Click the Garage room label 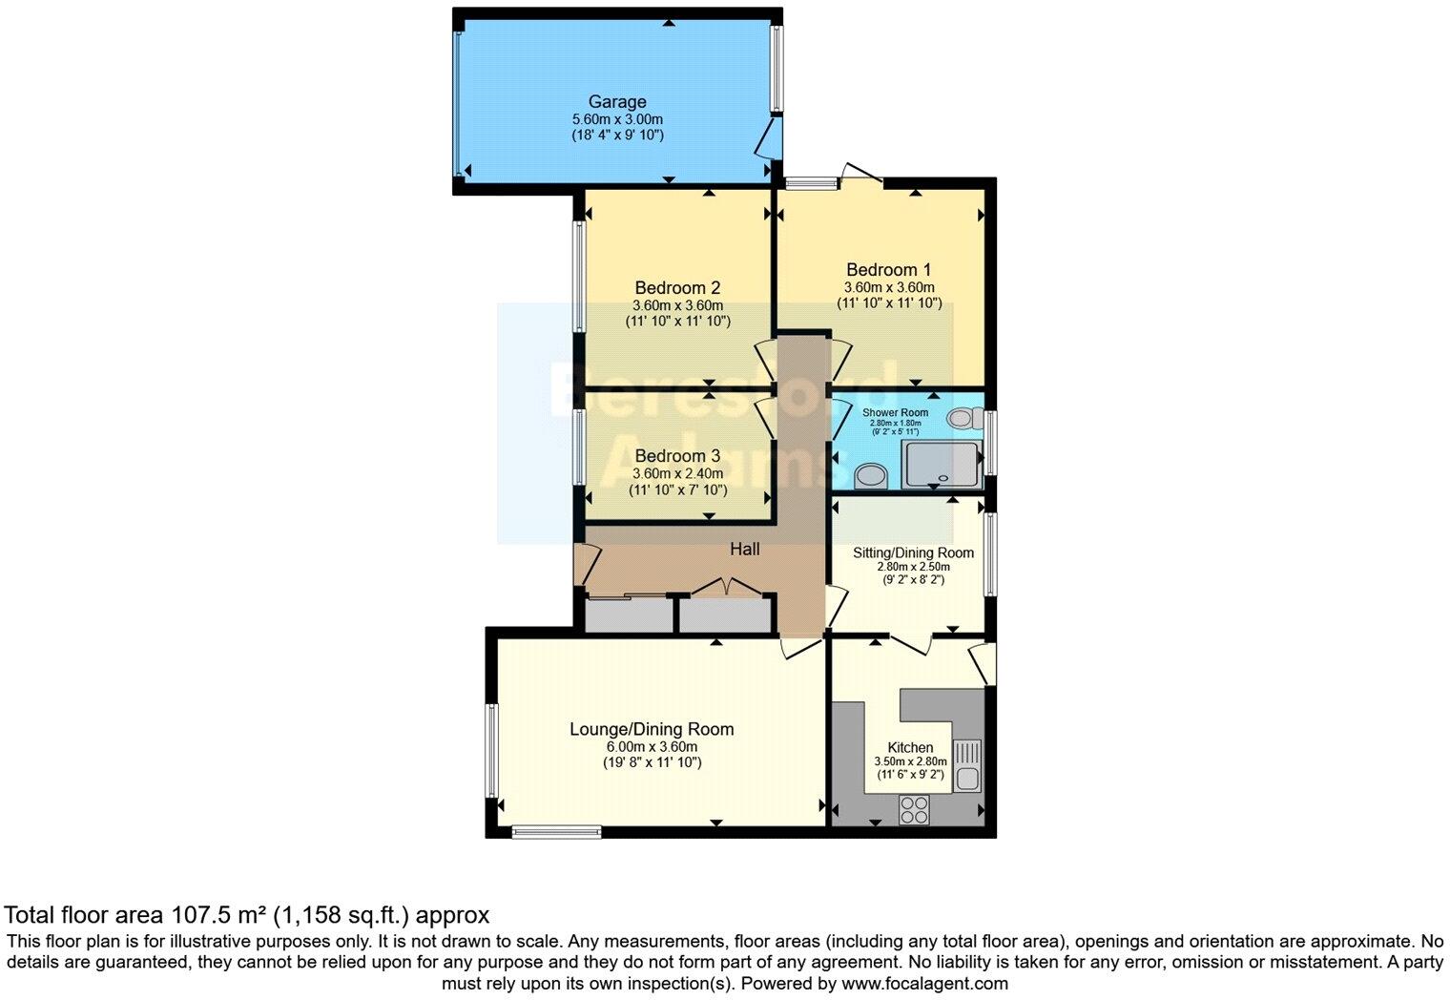pos(616,102)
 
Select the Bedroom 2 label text pos(677,288)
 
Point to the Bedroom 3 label pos(677,456)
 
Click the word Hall pos(745,549)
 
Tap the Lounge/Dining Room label pos(652,729)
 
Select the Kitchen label pos(910,747)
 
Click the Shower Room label pos(895,413)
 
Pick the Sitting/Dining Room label pos(913,553)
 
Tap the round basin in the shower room pos(869,474)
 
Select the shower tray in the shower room pos(942,465)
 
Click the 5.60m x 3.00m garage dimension pos(616,119)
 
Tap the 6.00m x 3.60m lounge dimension pos(652,747)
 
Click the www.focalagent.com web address pos(924,983)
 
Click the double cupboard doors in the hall pos(724,587)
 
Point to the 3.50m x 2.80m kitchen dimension pos(910,761)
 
